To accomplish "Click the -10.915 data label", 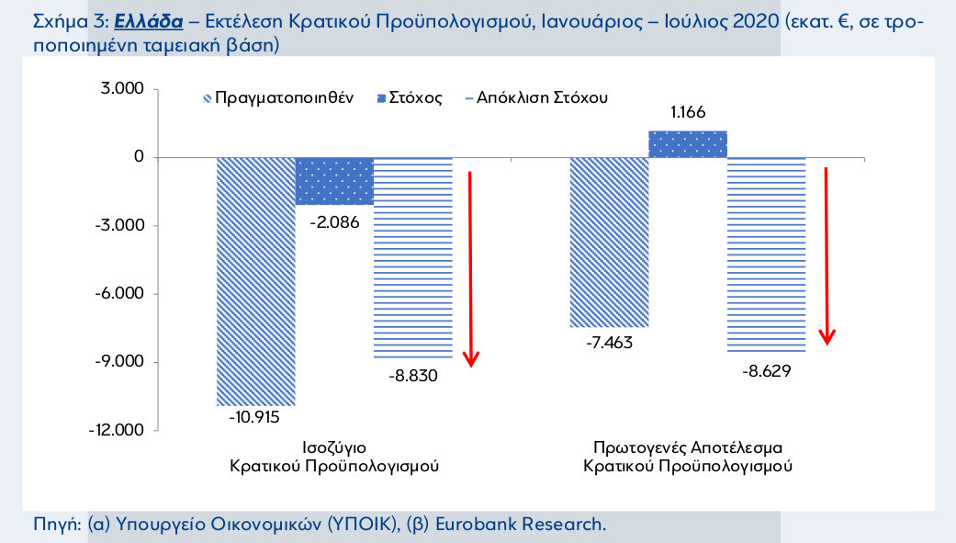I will click(255, 416).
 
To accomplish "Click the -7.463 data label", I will click(608, 343).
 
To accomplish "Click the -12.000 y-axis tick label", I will click(118, 430).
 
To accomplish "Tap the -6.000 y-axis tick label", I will click(121, 294).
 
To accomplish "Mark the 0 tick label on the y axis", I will click(139, 157).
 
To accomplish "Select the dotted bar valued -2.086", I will click(334, 180).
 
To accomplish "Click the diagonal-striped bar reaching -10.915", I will click(255, 280).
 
